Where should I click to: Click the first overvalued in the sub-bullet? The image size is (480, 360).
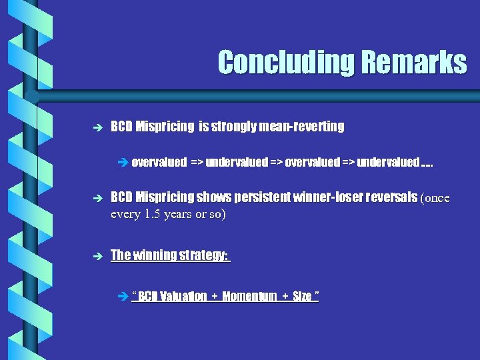(159, 162)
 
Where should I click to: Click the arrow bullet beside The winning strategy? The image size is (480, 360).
(97, 255)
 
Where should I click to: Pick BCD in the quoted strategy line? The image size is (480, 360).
(149, 297)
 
